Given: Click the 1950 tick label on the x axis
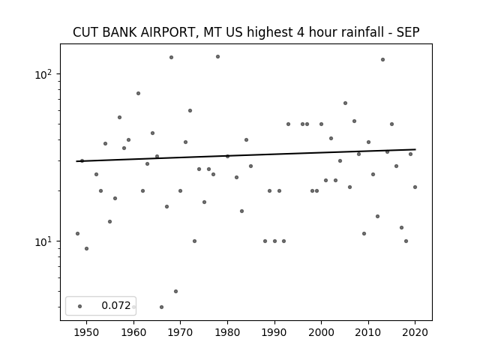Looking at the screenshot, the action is click(x=87, y=332).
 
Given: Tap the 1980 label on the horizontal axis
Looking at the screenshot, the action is click(x=227, y=332).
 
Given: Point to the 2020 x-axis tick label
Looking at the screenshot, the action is click(x=415, y=332).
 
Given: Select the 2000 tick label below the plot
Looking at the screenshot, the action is click(x=321, y=332).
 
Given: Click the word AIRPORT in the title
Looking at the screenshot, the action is click(x=166, y=32).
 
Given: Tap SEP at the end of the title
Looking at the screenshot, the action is click(x=408, y=32).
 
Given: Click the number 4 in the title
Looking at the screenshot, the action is click(x=300, y=32).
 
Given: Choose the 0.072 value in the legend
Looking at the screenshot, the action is click(x=116, y=305).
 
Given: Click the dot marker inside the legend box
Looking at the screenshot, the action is click(x=80, y=306).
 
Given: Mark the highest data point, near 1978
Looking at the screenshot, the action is click(x=218, y=57).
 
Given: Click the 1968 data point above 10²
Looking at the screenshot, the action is click(x=172, y=58).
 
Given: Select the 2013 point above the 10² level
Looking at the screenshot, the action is click(x=382, y=60).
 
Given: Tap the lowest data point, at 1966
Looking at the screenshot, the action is click(x=162, y=307).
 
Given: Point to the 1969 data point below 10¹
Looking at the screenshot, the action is click(x=175, y=292).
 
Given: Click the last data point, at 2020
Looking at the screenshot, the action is click(x=415, y=187).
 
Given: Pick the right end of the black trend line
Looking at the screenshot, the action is click(x=415, y=149).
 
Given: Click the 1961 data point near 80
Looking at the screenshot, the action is click(x=138, y=93).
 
